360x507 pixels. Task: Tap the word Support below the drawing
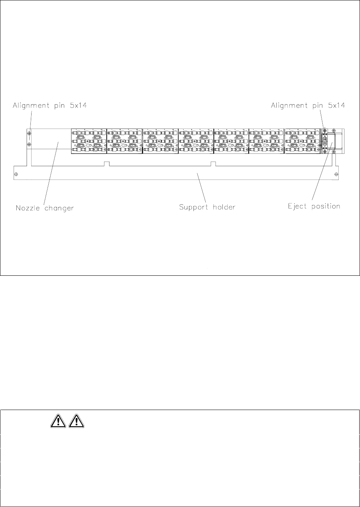(x=193, y=208)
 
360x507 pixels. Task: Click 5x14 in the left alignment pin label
(x=78, y=106)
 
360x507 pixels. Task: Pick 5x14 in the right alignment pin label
(x=336, y=106)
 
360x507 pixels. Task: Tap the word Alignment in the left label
(x=30, y=106)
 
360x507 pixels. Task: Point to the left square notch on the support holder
(x=107, y=164)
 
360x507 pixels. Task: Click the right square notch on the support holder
(x=213, y=164)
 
